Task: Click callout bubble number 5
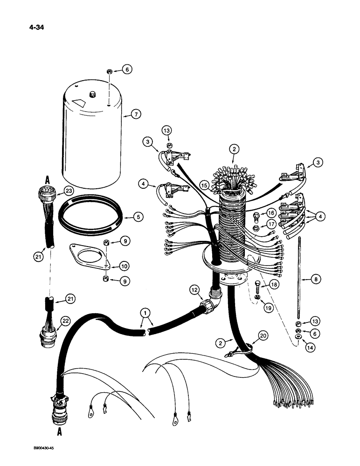pos(137,217)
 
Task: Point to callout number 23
pos(69,190)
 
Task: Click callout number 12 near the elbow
pos(196,290)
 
